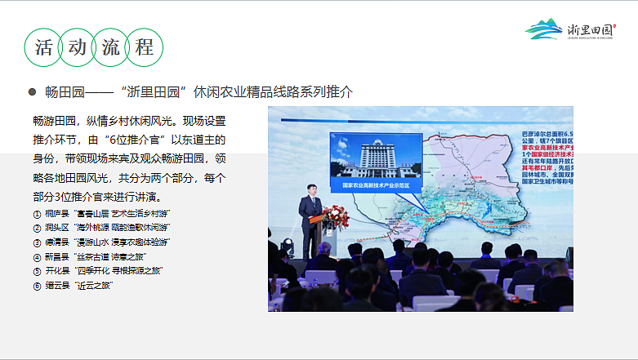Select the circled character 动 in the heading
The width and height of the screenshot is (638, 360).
coord(78,47)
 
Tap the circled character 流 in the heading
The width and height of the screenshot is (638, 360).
coord(111,47)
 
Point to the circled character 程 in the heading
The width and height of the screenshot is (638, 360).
coord(145,47)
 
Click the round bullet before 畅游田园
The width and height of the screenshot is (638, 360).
coord(33,91)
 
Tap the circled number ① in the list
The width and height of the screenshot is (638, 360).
coord(37,214)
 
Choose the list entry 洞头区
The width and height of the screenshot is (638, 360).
coord(56,228)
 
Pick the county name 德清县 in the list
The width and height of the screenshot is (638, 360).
coord(56,242)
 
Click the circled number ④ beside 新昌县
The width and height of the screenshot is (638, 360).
coord(37,257)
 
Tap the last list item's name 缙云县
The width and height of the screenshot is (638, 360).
coord(56,286)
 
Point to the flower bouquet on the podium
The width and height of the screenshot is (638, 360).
coord(336,216)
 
